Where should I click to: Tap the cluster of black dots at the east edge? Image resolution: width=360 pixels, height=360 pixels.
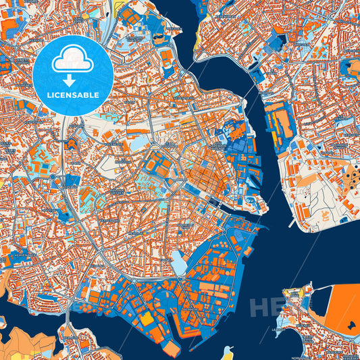[x=353, y=177]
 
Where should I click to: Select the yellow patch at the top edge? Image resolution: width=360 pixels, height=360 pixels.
[x=125, y=10]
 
